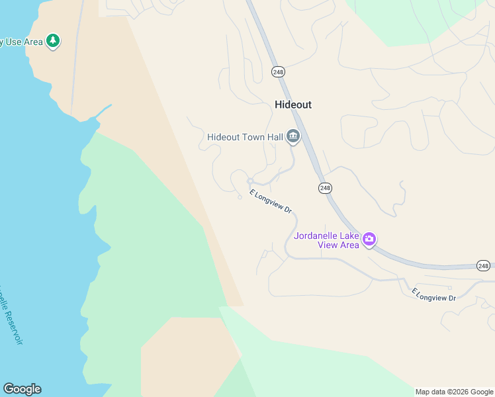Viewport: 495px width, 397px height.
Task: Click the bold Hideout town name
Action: pos(292,105)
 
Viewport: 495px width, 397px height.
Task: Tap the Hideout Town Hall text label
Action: pos(245,137)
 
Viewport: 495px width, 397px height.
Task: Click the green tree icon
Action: pos(53,42)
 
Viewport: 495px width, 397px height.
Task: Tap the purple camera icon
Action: pos(369,239)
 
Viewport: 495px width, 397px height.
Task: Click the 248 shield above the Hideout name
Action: pos(277,71)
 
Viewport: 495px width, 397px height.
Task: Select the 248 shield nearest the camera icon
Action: pos(325,188)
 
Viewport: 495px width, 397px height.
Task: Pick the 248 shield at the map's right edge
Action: pos(483,265)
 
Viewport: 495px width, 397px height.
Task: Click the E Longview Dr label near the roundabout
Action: pos(271,201)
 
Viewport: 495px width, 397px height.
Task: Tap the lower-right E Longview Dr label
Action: pos(433,294)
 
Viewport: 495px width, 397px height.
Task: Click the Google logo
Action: pos(22,389)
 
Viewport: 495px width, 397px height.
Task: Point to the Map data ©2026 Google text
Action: pos(454,392)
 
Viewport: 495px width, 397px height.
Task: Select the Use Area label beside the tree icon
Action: pos(21,42)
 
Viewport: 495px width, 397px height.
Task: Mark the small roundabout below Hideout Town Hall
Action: pos(250,181)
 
